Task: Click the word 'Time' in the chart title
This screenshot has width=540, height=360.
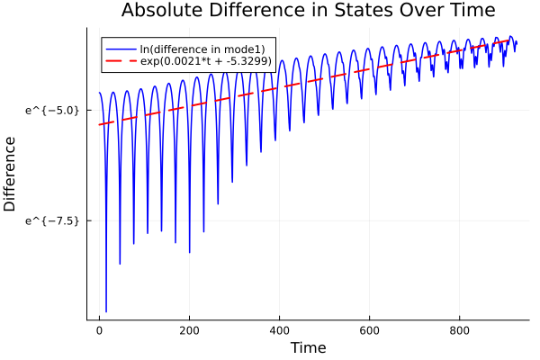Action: (x=471, y=12)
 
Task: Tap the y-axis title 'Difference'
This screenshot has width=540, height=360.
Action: (x=11, y=174)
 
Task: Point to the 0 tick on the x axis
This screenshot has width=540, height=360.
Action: (x=100, y=330)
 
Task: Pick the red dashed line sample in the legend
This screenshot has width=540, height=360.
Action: (x=121, y=61)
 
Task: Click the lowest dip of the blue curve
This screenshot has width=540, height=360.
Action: (x=106, y=311)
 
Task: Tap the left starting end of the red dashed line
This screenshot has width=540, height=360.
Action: (x=100, y=124)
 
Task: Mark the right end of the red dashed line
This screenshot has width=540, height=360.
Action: (x=516, y=40)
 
